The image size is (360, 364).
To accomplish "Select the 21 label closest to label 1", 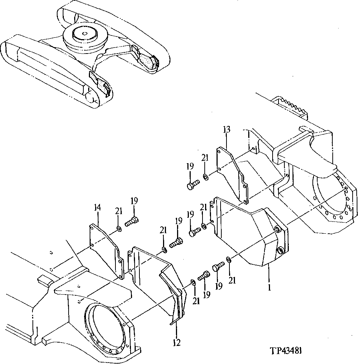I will pos(232,281).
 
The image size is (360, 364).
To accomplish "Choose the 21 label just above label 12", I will pos(196,301).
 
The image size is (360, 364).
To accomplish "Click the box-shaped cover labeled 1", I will pos(251,236).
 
